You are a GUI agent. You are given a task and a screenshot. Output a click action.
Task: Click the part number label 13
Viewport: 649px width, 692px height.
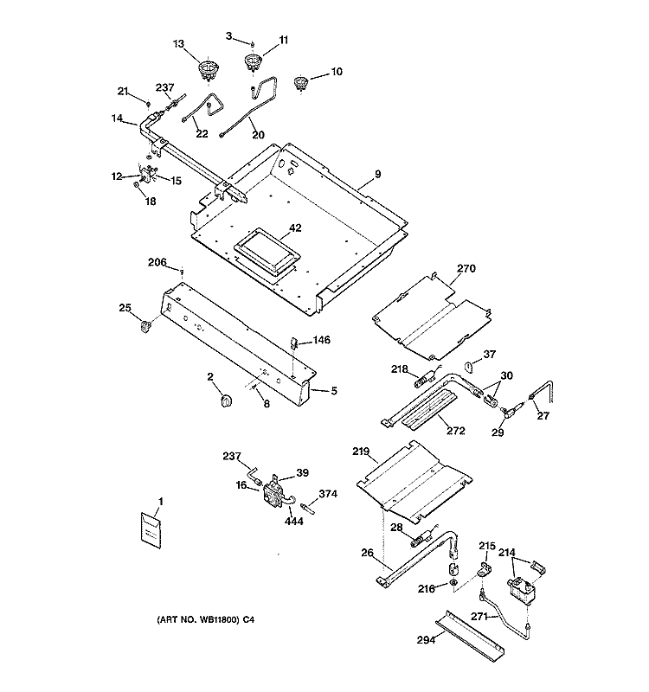point(178,44)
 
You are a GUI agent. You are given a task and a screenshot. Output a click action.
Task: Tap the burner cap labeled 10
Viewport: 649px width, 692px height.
point(300,83)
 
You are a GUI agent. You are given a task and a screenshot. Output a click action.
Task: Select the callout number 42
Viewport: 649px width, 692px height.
point(295,227)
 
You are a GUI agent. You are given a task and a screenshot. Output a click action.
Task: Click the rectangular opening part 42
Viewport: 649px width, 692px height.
point(267,250)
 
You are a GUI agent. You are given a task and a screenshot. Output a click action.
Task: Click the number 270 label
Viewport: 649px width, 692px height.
point(466,268)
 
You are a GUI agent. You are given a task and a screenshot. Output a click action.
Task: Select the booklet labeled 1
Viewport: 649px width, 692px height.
point(151,530)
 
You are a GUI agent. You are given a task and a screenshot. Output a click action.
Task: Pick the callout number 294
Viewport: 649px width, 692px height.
point(426,639)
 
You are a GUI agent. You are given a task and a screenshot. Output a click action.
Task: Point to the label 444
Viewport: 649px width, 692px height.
point(294,522)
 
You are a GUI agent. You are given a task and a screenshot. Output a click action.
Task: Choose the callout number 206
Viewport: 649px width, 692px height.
point(157,262)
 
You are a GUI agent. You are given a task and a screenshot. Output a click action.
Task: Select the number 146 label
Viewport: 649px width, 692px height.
point(321,340)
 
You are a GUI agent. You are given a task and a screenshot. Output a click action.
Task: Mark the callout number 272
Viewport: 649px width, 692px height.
point(456,430)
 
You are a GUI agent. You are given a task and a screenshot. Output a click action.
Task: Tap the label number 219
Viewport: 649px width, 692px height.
point(361,451)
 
